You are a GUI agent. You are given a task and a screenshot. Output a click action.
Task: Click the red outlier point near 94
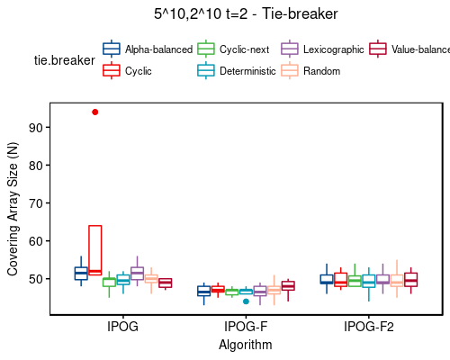(x=94, y=112)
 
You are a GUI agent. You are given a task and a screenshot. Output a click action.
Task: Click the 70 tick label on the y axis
(x=36, y=203)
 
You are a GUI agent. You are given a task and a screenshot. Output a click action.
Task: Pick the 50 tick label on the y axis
(x=36, y=279)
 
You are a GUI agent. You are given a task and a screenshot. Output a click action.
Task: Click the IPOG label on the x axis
(x=121, y=328)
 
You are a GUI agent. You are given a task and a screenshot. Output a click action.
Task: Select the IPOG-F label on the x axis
(x=246, y=328)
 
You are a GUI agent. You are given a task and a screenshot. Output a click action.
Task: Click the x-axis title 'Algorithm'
(x=246, y=345)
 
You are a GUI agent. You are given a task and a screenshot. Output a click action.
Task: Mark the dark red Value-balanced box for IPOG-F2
(x=410, y=280)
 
